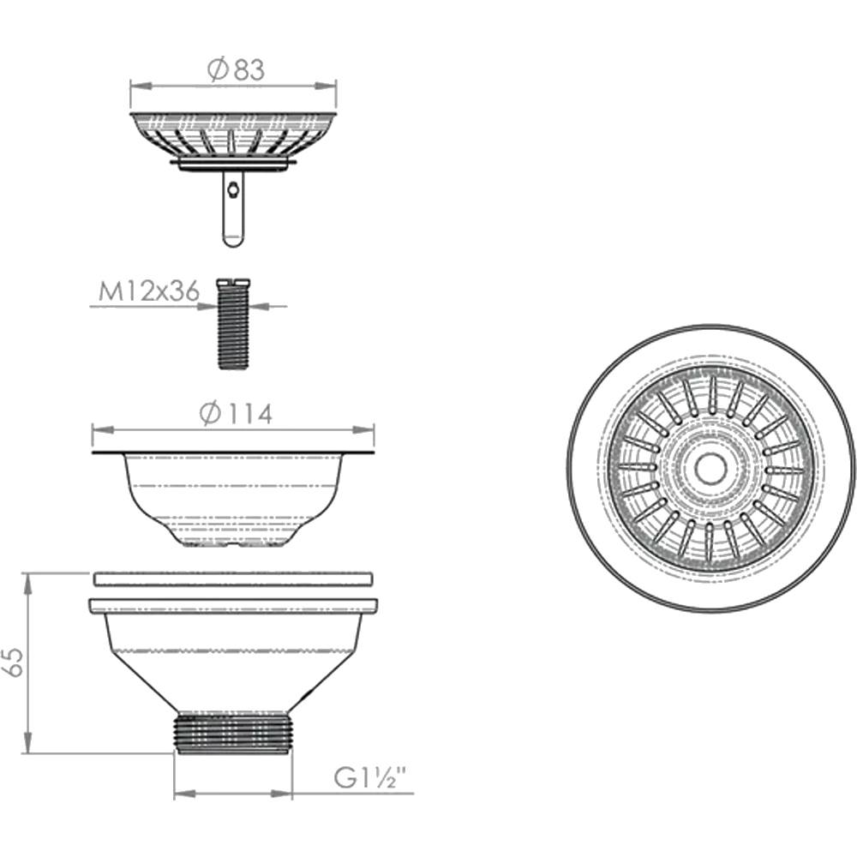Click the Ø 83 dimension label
pos(237,70)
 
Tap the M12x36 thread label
pos(148,291)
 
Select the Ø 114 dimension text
pos(236,414)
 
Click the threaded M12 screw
pos(233,324)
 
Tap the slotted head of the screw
pos(233,283)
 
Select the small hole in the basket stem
pos(233,189)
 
